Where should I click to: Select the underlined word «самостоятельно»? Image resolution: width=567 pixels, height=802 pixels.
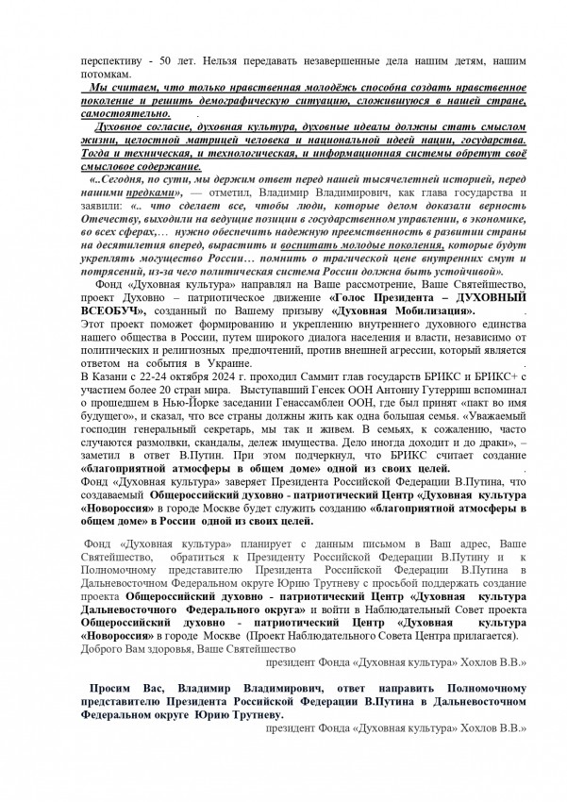pos(131,111)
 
